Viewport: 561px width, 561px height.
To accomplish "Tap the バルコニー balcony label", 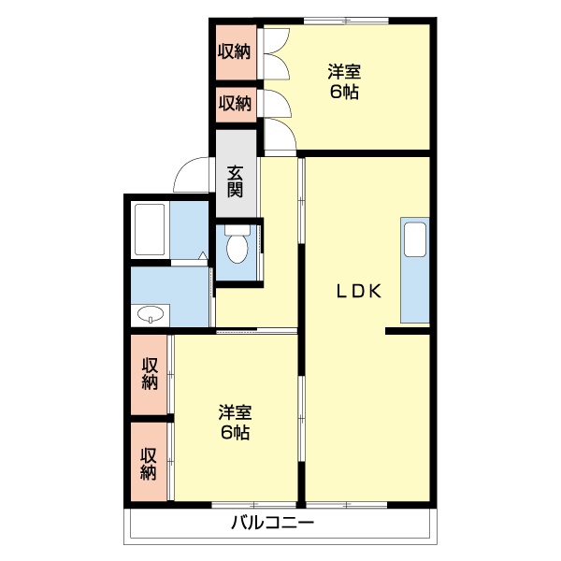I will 273,523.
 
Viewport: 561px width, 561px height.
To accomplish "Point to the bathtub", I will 150,229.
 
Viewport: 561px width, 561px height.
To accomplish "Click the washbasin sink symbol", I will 150,314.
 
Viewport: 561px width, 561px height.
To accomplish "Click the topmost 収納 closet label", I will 235,50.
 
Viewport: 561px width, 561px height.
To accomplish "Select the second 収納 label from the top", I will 235,103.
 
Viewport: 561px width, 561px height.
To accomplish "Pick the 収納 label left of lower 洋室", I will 149,374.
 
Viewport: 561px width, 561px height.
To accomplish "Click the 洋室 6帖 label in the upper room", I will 344,80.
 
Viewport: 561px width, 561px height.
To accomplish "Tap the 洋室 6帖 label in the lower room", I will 235,422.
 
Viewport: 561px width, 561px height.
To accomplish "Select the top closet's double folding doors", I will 274,56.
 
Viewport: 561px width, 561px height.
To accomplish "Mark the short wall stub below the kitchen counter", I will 407,330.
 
